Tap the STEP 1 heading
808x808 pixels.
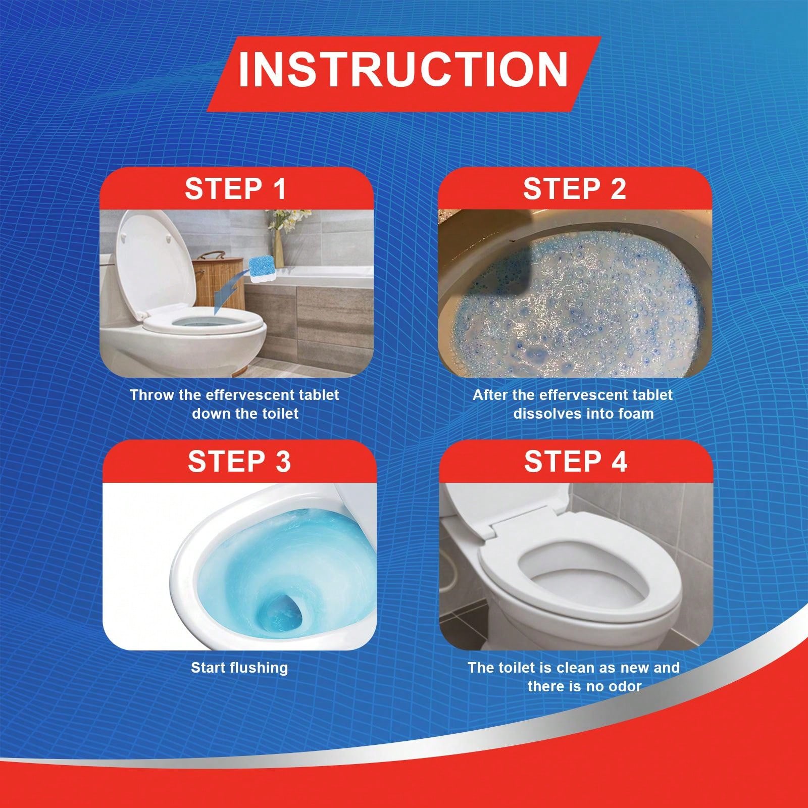[236, 188]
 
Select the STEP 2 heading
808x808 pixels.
[574, 188]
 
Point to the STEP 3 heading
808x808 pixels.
[239, 461]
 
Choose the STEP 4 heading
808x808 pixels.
[576, 461]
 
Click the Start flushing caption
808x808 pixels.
[239, 668]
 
